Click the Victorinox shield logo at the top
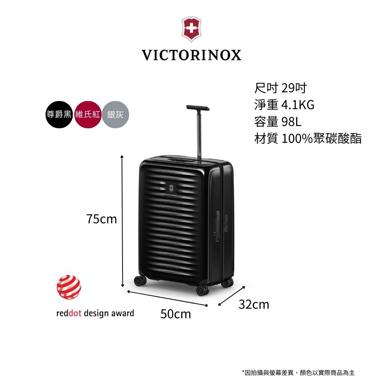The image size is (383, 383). click(191, 29)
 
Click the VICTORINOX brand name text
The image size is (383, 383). click(191, 55)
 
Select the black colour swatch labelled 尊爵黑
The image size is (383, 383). click(59, 115)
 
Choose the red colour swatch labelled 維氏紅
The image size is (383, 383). click(88, 115)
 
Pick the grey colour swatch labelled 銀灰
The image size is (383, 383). click(116, 115)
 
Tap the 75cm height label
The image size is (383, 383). click(101, 219)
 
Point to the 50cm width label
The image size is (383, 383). click(175, 314)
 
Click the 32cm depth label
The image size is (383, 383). click(254, 305)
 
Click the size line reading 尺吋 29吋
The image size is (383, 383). click(281, 89)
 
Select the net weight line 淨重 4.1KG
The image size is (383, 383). click(284, 105)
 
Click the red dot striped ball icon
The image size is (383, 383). click(69, 287)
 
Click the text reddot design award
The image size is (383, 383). click(95, 313)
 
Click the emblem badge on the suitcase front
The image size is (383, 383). click(171, 188)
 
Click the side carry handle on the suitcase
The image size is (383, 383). click(217, 226)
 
